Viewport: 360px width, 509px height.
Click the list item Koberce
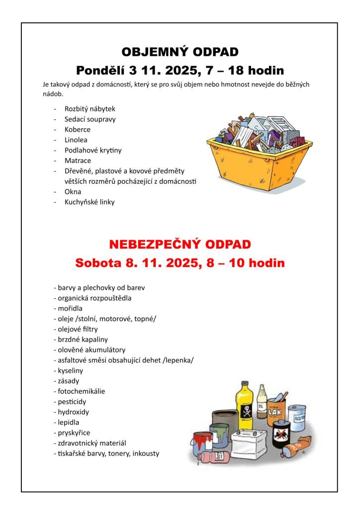(x=78, y=129)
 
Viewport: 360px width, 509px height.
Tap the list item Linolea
(x=76, y=140)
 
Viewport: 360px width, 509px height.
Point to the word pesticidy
(x=70, y=402)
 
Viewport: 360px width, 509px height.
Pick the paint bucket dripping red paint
(x=203, y=442)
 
